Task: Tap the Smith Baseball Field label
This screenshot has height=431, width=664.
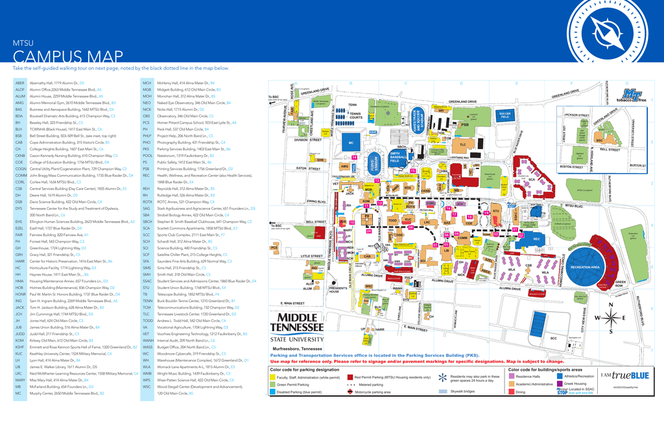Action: pyautogui.click(x=395, y=156)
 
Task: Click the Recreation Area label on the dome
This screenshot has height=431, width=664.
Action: pyautogui.click(x=585, y=267)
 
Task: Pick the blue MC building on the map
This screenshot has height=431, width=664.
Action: pyautogui.click(x=351, y=143)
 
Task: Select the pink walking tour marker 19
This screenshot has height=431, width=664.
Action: pyautogui.click(x=486, y=213)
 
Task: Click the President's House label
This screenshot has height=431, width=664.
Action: pyautogui.click(x=334, y=290)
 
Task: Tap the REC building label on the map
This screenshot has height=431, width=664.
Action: pyautogui.click(x=536, y=239)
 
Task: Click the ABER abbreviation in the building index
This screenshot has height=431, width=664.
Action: pyautogui.click(x=19, y=84)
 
